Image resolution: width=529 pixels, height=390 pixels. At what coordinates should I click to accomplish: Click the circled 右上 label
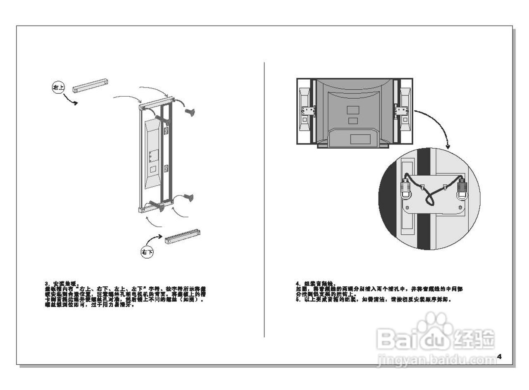pos(58,87)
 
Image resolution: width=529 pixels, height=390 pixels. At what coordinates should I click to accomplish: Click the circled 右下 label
pos(147,252)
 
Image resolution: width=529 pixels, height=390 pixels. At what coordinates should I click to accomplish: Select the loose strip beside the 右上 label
pos(91,85)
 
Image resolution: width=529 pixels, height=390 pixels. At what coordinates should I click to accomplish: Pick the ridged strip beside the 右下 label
pos(183,236)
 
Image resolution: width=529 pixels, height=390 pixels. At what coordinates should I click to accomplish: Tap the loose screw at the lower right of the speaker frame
pos(189,198)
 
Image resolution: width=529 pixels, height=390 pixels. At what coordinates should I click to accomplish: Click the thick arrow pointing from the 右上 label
pos(71,100)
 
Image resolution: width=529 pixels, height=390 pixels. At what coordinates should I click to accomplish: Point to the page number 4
pos(499,356)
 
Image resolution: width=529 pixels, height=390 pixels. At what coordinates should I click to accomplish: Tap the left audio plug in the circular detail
pos(405,190)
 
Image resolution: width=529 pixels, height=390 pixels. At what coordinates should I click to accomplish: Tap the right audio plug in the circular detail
pos(462,190)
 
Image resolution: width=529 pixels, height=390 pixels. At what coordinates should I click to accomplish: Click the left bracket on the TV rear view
pos(308,111)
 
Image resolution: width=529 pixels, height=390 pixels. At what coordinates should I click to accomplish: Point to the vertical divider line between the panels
pos(264,198)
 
